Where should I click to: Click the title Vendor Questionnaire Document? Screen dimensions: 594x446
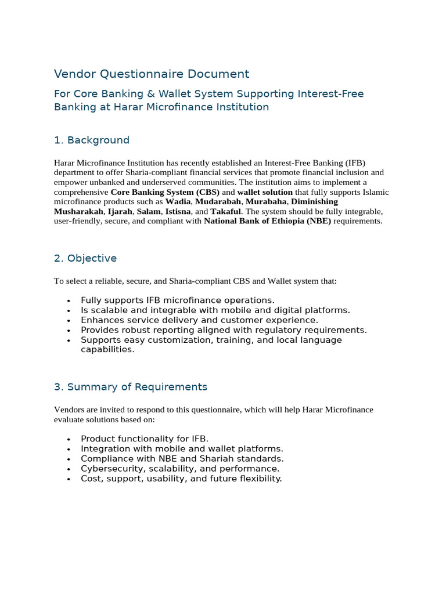(152, 74)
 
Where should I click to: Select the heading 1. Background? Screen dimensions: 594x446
(92, 140)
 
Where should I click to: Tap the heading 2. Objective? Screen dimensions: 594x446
(85, 258)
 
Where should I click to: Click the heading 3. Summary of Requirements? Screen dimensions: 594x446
(131, 387)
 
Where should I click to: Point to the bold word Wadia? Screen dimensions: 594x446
(178, 202)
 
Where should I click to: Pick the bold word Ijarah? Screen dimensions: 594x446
(120, 212)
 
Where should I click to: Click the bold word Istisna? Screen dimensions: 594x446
(178, 212)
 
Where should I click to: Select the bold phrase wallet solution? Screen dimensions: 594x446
(265, 192)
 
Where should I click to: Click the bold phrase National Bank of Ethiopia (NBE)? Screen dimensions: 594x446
(267, 222)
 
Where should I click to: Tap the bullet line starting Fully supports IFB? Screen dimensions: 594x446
(177, 300)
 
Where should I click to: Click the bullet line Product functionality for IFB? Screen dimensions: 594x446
(144, 439)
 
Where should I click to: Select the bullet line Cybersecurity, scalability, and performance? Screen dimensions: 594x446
(180, 469)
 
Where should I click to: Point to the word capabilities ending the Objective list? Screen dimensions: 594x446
(107, 350)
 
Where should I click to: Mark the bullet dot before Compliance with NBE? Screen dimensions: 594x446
(69, 459)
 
